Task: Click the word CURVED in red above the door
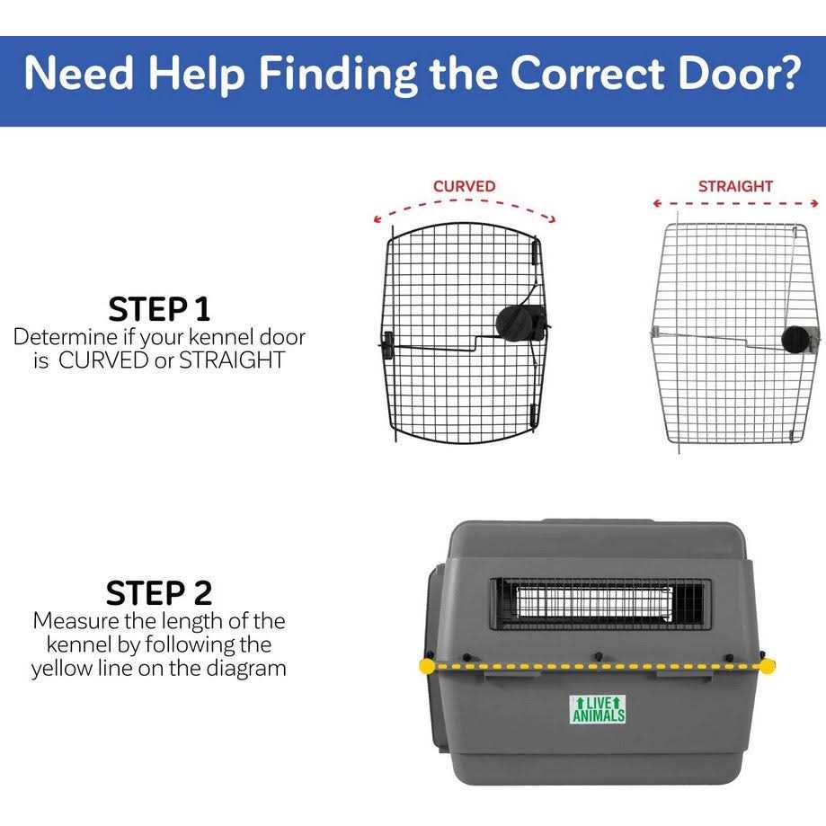[464, 186]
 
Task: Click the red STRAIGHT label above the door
[735, 186]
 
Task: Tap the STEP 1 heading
[159, 308]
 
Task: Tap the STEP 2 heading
[159, 593]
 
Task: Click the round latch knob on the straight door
[795, 340]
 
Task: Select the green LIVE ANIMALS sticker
[598, 709]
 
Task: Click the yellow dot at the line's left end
[425, 667]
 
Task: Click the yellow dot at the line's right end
[768, 667]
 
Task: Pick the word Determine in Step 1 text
[65, 337]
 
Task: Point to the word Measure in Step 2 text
[75, 621]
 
